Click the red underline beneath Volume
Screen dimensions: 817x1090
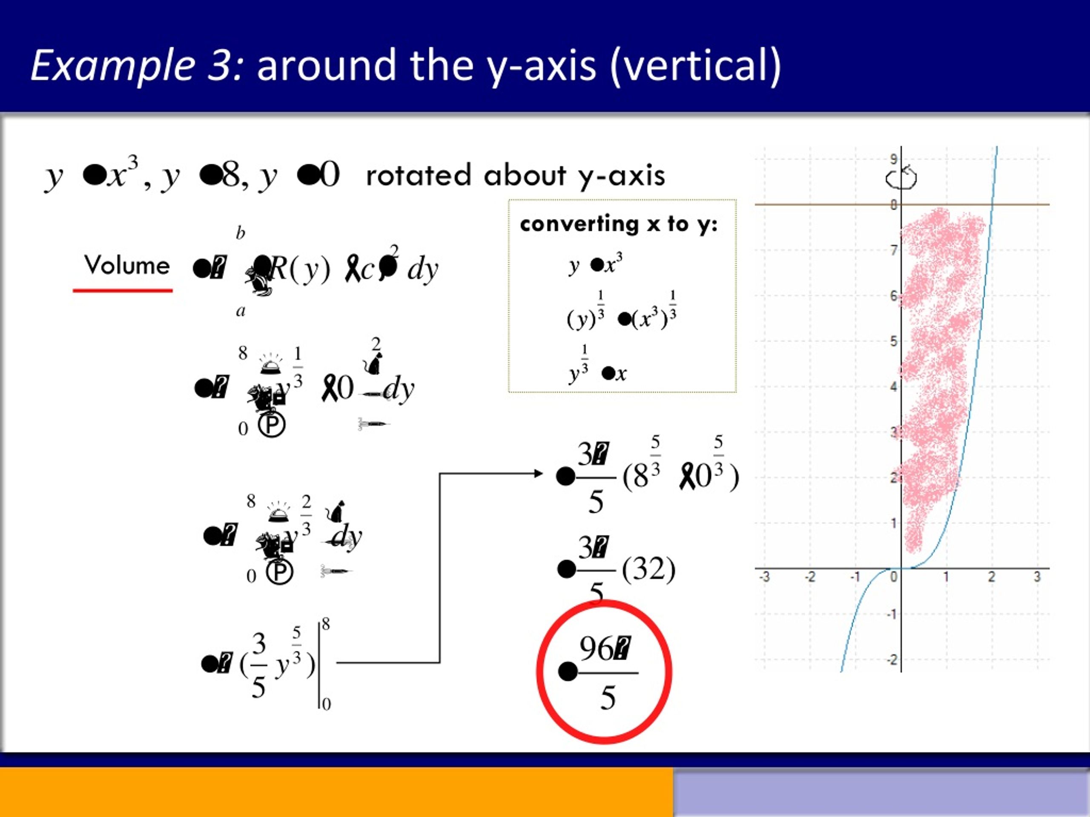pos(123,291)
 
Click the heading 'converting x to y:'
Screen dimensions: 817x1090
pos(618,224)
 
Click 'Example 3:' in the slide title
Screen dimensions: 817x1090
pos(137,65)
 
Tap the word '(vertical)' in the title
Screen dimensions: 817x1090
pos(695,65)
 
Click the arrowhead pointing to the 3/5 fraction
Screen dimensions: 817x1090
pos(539,474)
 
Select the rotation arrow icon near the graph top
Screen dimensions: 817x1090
pos(901,178)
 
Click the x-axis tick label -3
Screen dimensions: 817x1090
pos(764,577)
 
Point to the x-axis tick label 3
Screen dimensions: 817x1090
pos(1037,577)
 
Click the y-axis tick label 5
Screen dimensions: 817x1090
pos(893,341)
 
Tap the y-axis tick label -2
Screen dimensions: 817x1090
pos(892,660)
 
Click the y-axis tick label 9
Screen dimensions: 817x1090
pos(893,159)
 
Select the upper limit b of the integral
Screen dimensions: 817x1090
pos(241,232)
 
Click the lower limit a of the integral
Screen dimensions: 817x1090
pos(241,311)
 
